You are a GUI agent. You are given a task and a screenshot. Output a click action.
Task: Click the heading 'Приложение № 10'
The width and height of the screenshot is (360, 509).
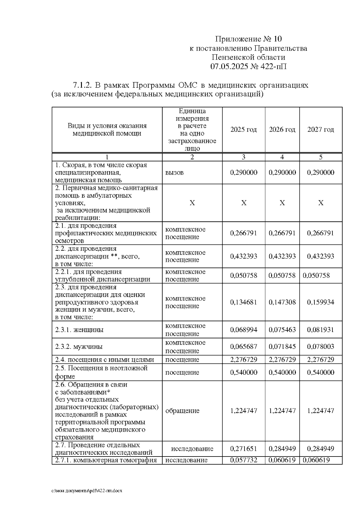click(x=248, y=39)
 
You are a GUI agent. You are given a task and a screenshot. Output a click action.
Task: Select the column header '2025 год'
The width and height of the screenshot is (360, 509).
click(x=243, y=130)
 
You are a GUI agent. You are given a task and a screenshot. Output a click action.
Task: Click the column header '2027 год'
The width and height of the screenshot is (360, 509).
click(x=320, y=130)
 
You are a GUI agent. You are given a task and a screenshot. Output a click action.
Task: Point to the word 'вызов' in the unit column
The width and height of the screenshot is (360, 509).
click(x=174, y=172)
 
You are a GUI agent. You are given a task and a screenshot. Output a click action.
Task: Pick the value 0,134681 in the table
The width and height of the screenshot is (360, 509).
click(x=243, y=302)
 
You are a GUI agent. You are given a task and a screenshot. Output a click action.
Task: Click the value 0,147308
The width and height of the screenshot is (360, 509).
click(x=282, y=302)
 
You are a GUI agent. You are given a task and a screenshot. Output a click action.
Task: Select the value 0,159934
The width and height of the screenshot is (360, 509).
click(x=320, y=302)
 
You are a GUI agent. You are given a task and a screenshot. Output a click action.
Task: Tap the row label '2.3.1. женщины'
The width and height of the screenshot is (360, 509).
click(x=79, y=330)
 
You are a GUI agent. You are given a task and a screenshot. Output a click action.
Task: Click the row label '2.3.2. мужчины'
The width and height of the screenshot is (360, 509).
click(x=79, y=347)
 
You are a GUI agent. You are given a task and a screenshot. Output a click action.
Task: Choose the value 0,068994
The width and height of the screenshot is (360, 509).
click(x=243, y=330)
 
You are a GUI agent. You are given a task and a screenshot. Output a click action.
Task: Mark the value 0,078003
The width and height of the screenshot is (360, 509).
click(x=320, y=347)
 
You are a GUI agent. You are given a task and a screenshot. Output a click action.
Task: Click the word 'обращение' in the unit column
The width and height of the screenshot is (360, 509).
click(x=182, y=411)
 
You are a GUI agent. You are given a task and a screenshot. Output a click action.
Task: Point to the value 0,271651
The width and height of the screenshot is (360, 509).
click(x=243, y=449)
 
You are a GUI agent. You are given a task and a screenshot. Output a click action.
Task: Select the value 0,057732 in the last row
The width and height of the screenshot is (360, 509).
click(x=243, y=460)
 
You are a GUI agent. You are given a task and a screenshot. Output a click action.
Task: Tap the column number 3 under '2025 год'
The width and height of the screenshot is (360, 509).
click(x=243, y=157)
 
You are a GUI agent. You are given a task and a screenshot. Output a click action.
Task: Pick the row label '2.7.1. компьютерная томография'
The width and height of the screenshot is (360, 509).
click(x=106, y=460)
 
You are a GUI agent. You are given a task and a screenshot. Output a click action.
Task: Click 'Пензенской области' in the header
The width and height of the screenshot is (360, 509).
click(x=248, y=57)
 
